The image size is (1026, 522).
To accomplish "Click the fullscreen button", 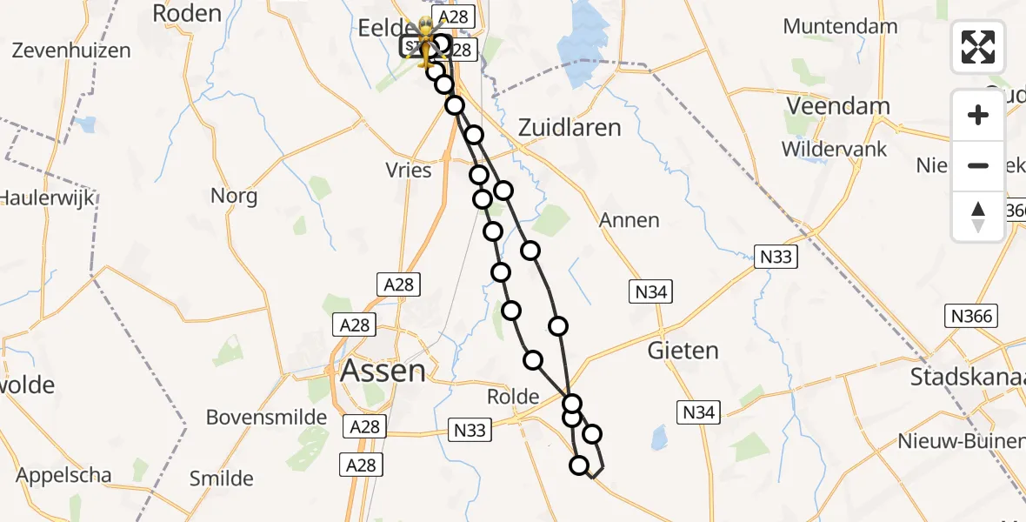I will pyautogui.click(x=978, y=47).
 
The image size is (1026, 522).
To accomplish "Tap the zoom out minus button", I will pyautogui.click(x=978, y=165).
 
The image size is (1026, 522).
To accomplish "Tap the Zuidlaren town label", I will pyautogui.click(x=570, y=128).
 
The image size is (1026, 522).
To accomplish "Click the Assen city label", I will pyautogui.click(x=383, y=371).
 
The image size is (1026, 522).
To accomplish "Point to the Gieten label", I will pyautogui.click(x=683, y=351).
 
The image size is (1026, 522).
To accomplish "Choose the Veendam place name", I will pyautogui.click(x=837, y=106).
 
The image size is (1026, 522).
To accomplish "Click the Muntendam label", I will pyautogui.click(x=840, y=26).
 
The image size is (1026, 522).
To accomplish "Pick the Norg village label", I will pyautogui.click(x=234, y=196).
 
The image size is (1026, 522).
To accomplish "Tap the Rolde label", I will pyautogui.click(x=513, y=397).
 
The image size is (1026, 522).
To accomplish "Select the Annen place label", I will pyautogui.click(x=630, y=220).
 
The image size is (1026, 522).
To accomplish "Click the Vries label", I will pyautogui.click(x=409, y=170).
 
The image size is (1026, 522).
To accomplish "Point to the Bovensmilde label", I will pyautogui.click(x=266, y=418).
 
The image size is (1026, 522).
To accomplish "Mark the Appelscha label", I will pyautogui.click(x=63, y=475).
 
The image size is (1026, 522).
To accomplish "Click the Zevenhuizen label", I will pyautogui.click(x=72, y=50).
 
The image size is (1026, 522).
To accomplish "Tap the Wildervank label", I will pyautogui.click(x=834, y=149).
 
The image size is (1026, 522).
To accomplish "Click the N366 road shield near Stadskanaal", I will pyautogui.click(x=972, y=316).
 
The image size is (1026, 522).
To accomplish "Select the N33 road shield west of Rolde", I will pyautogui.click(x=470, y=429).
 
